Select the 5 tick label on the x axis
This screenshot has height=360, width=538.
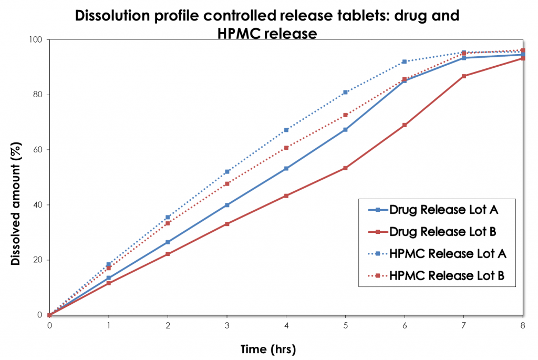click(x=345, y=325)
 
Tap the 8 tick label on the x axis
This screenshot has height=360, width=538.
click(x=522, y=325)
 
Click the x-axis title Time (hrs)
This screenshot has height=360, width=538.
click(x=268, y=348)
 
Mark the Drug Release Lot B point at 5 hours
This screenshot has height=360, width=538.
click(x=345, y=168)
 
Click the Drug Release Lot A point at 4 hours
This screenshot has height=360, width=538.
click(x=286, y=169)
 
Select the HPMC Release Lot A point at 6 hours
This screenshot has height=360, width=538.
click(x=404, y=61)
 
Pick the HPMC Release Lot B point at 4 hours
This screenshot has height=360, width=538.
click(x=286, y=148)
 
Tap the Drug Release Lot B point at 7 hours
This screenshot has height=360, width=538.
click(x=463, y=76)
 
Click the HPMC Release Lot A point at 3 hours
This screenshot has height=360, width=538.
click(x=227, y=172)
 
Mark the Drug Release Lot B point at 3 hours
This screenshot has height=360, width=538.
click(x=227, y=224)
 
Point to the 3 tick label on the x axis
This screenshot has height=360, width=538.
click(x=227, y=325)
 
